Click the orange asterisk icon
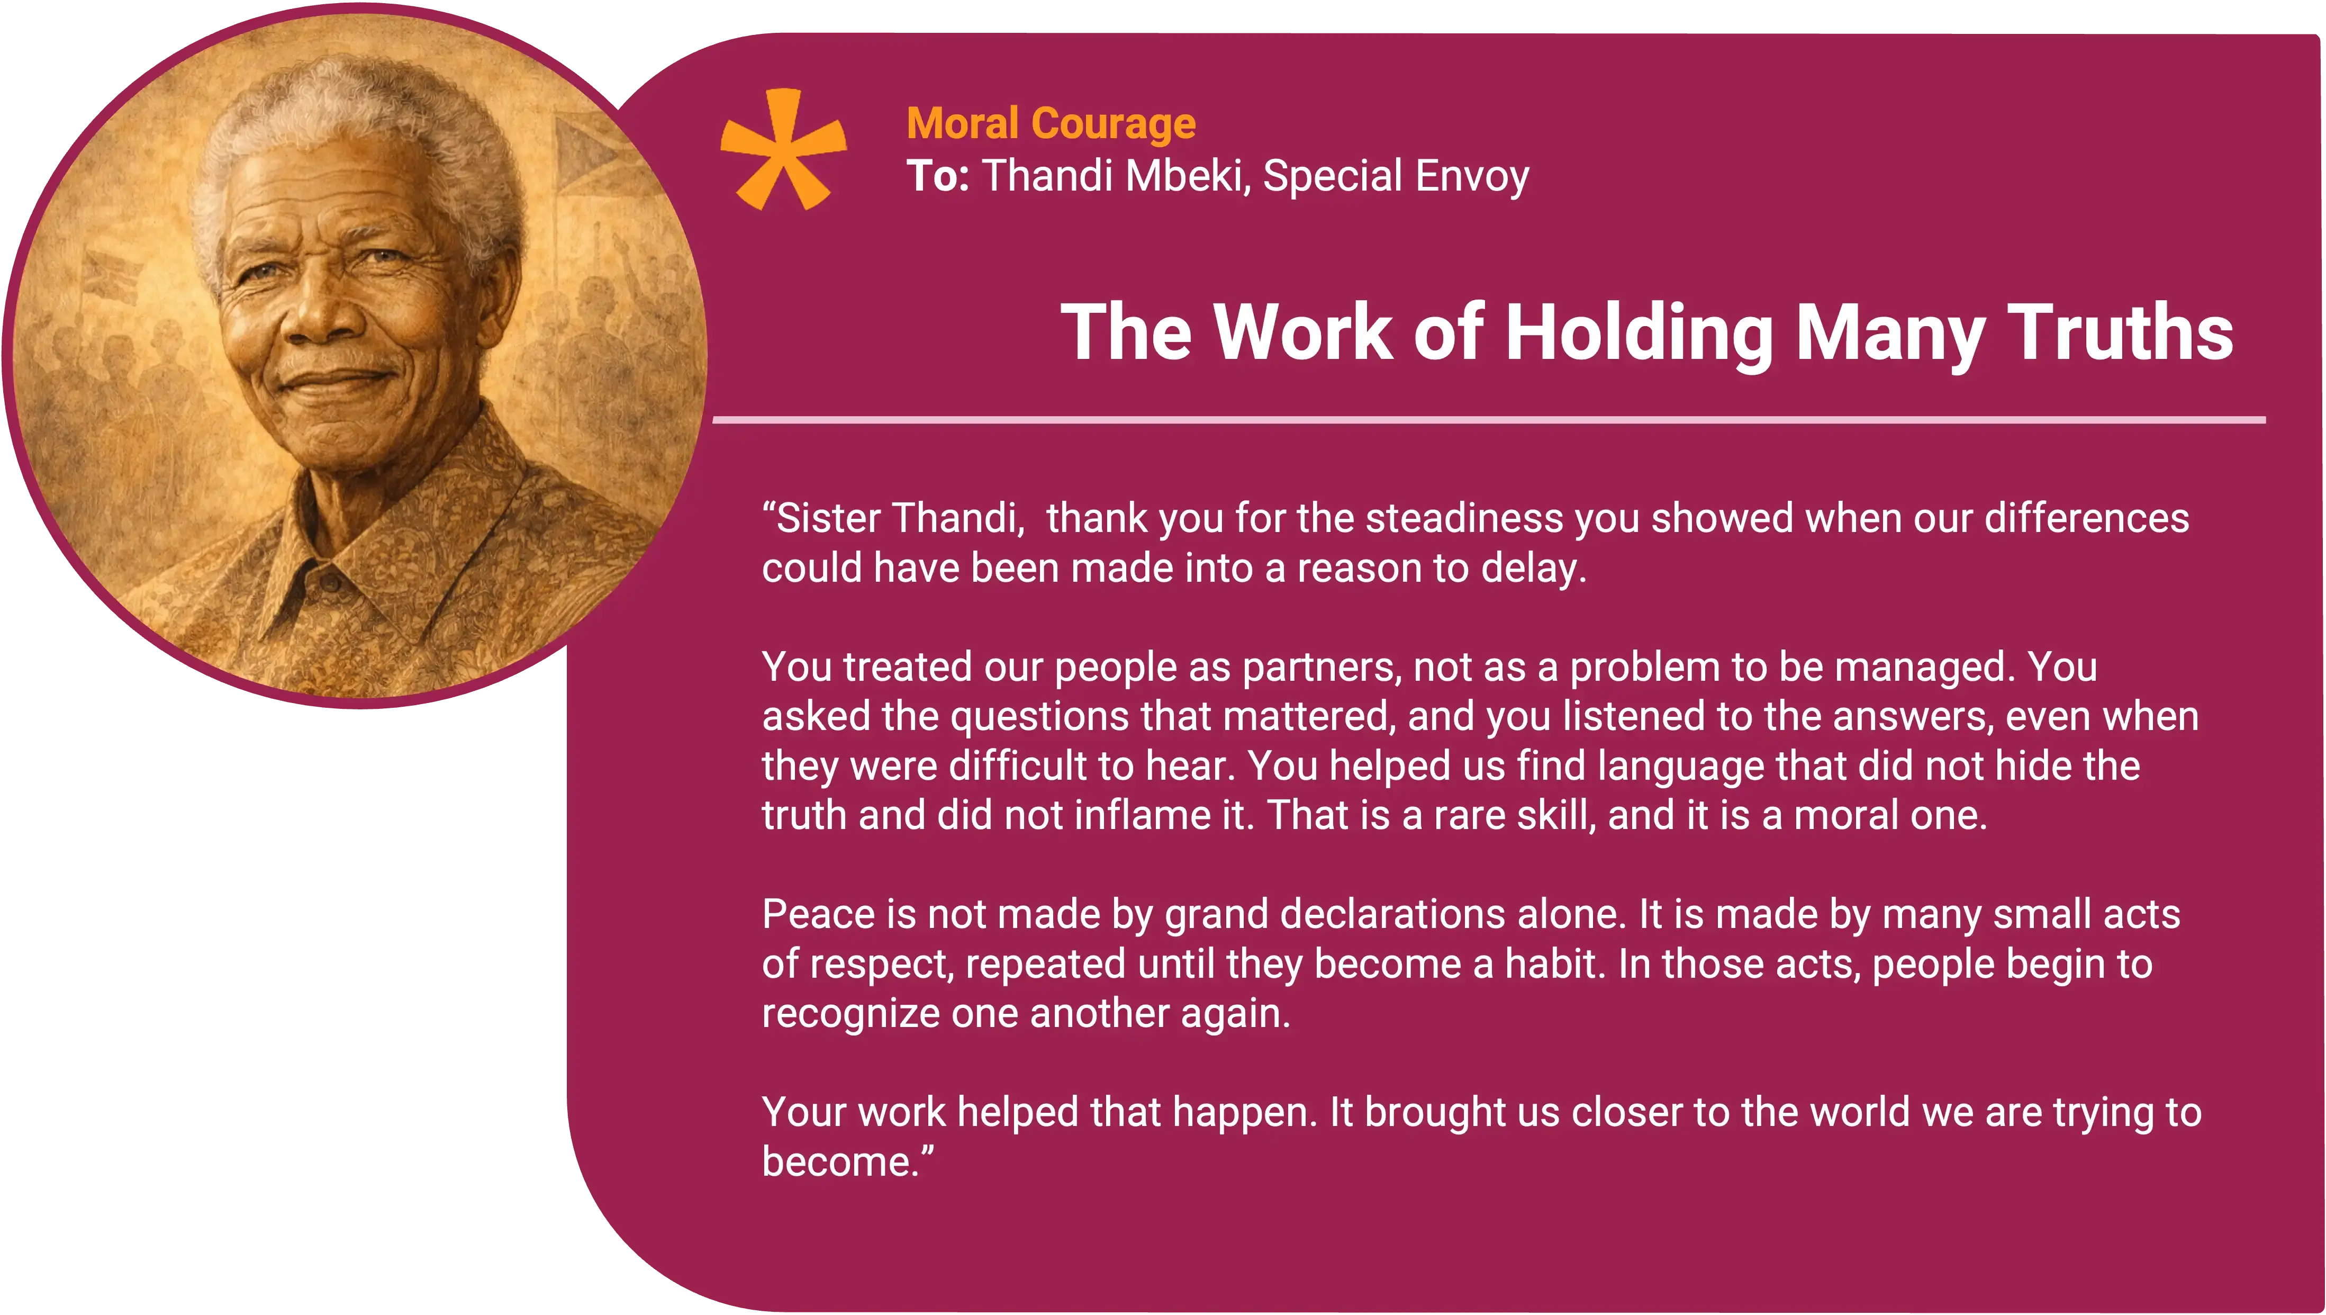coord(783,149)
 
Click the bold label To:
coord(937,176)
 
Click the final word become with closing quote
coord(847,1161)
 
